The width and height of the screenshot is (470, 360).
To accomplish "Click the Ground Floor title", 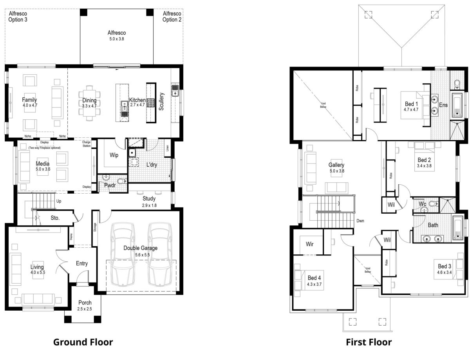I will [83, 342].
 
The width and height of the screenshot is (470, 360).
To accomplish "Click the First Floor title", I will [369, 342].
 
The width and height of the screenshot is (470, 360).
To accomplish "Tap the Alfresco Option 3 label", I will [18, 16].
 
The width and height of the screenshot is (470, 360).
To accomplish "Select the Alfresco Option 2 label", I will [172, 16].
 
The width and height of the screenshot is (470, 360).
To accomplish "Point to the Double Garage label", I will [140, 248].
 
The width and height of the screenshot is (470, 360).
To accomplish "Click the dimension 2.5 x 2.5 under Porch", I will [85, 309].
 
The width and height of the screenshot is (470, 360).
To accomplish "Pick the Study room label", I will [149, 198].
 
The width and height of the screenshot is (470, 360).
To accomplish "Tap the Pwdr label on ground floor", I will [109, 185].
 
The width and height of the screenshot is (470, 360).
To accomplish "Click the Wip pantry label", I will [114, 155].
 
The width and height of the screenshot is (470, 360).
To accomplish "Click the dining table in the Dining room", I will [89, 103].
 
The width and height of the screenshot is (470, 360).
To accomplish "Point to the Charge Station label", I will [87, 144].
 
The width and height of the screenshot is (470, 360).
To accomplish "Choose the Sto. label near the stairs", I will [55, 218].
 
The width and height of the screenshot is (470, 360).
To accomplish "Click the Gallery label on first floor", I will [336, 165].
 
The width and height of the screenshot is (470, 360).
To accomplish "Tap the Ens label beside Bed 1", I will [443, 105].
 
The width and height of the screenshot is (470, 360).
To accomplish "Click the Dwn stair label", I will [360, 221].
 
